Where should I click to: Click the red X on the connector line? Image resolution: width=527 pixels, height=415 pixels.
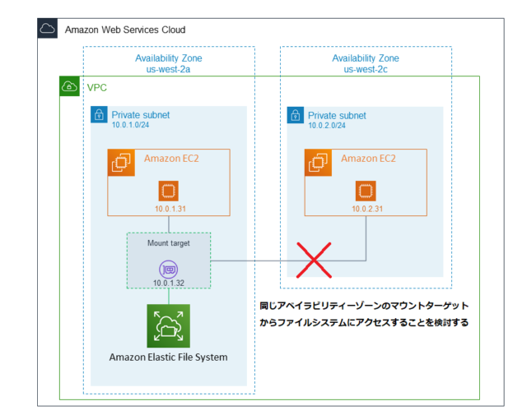[313, 261]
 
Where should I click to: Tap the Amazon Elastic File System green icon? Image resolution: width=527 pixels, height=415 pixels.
[168, 325]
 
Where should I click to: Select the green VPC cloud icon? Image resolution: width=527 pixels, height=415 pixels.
[70, 86]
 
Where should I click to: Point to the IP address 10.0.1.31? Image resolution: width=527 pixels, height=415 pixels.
[168, 209]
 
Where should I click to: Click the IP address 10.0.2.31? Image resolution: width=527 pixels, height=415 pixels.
[365, 209]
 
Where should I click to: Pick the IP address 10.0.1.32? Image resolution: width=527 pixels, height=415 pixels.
[168, 283]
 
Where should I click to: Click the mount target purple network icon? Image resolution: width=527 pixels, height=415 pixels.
[168, 268]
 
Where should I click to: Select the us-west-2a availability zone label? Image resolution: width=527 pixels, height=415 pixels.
[168, 69]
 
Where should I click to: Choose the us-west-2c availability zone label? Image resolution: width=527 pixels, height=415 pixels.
[365, 69]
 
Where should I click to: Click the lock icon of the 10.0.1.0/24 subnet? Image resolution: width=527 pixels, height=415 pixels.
[99, 113]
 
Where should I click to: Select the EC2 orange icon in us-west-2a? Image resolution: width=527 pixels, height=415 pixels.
[121, 162]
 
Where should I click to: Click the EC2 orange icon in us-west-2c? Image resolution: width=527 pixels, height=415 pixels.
[318, 162]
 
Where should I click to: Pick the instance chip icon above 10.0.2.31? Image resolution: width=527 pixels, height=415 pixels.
[365, 192]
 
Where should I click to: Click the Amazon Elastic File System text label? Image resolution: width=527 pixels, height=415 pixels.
[168, 357]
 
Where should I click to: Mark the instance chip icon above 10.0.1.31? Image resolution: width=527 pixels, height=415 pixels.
[168, 192]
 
